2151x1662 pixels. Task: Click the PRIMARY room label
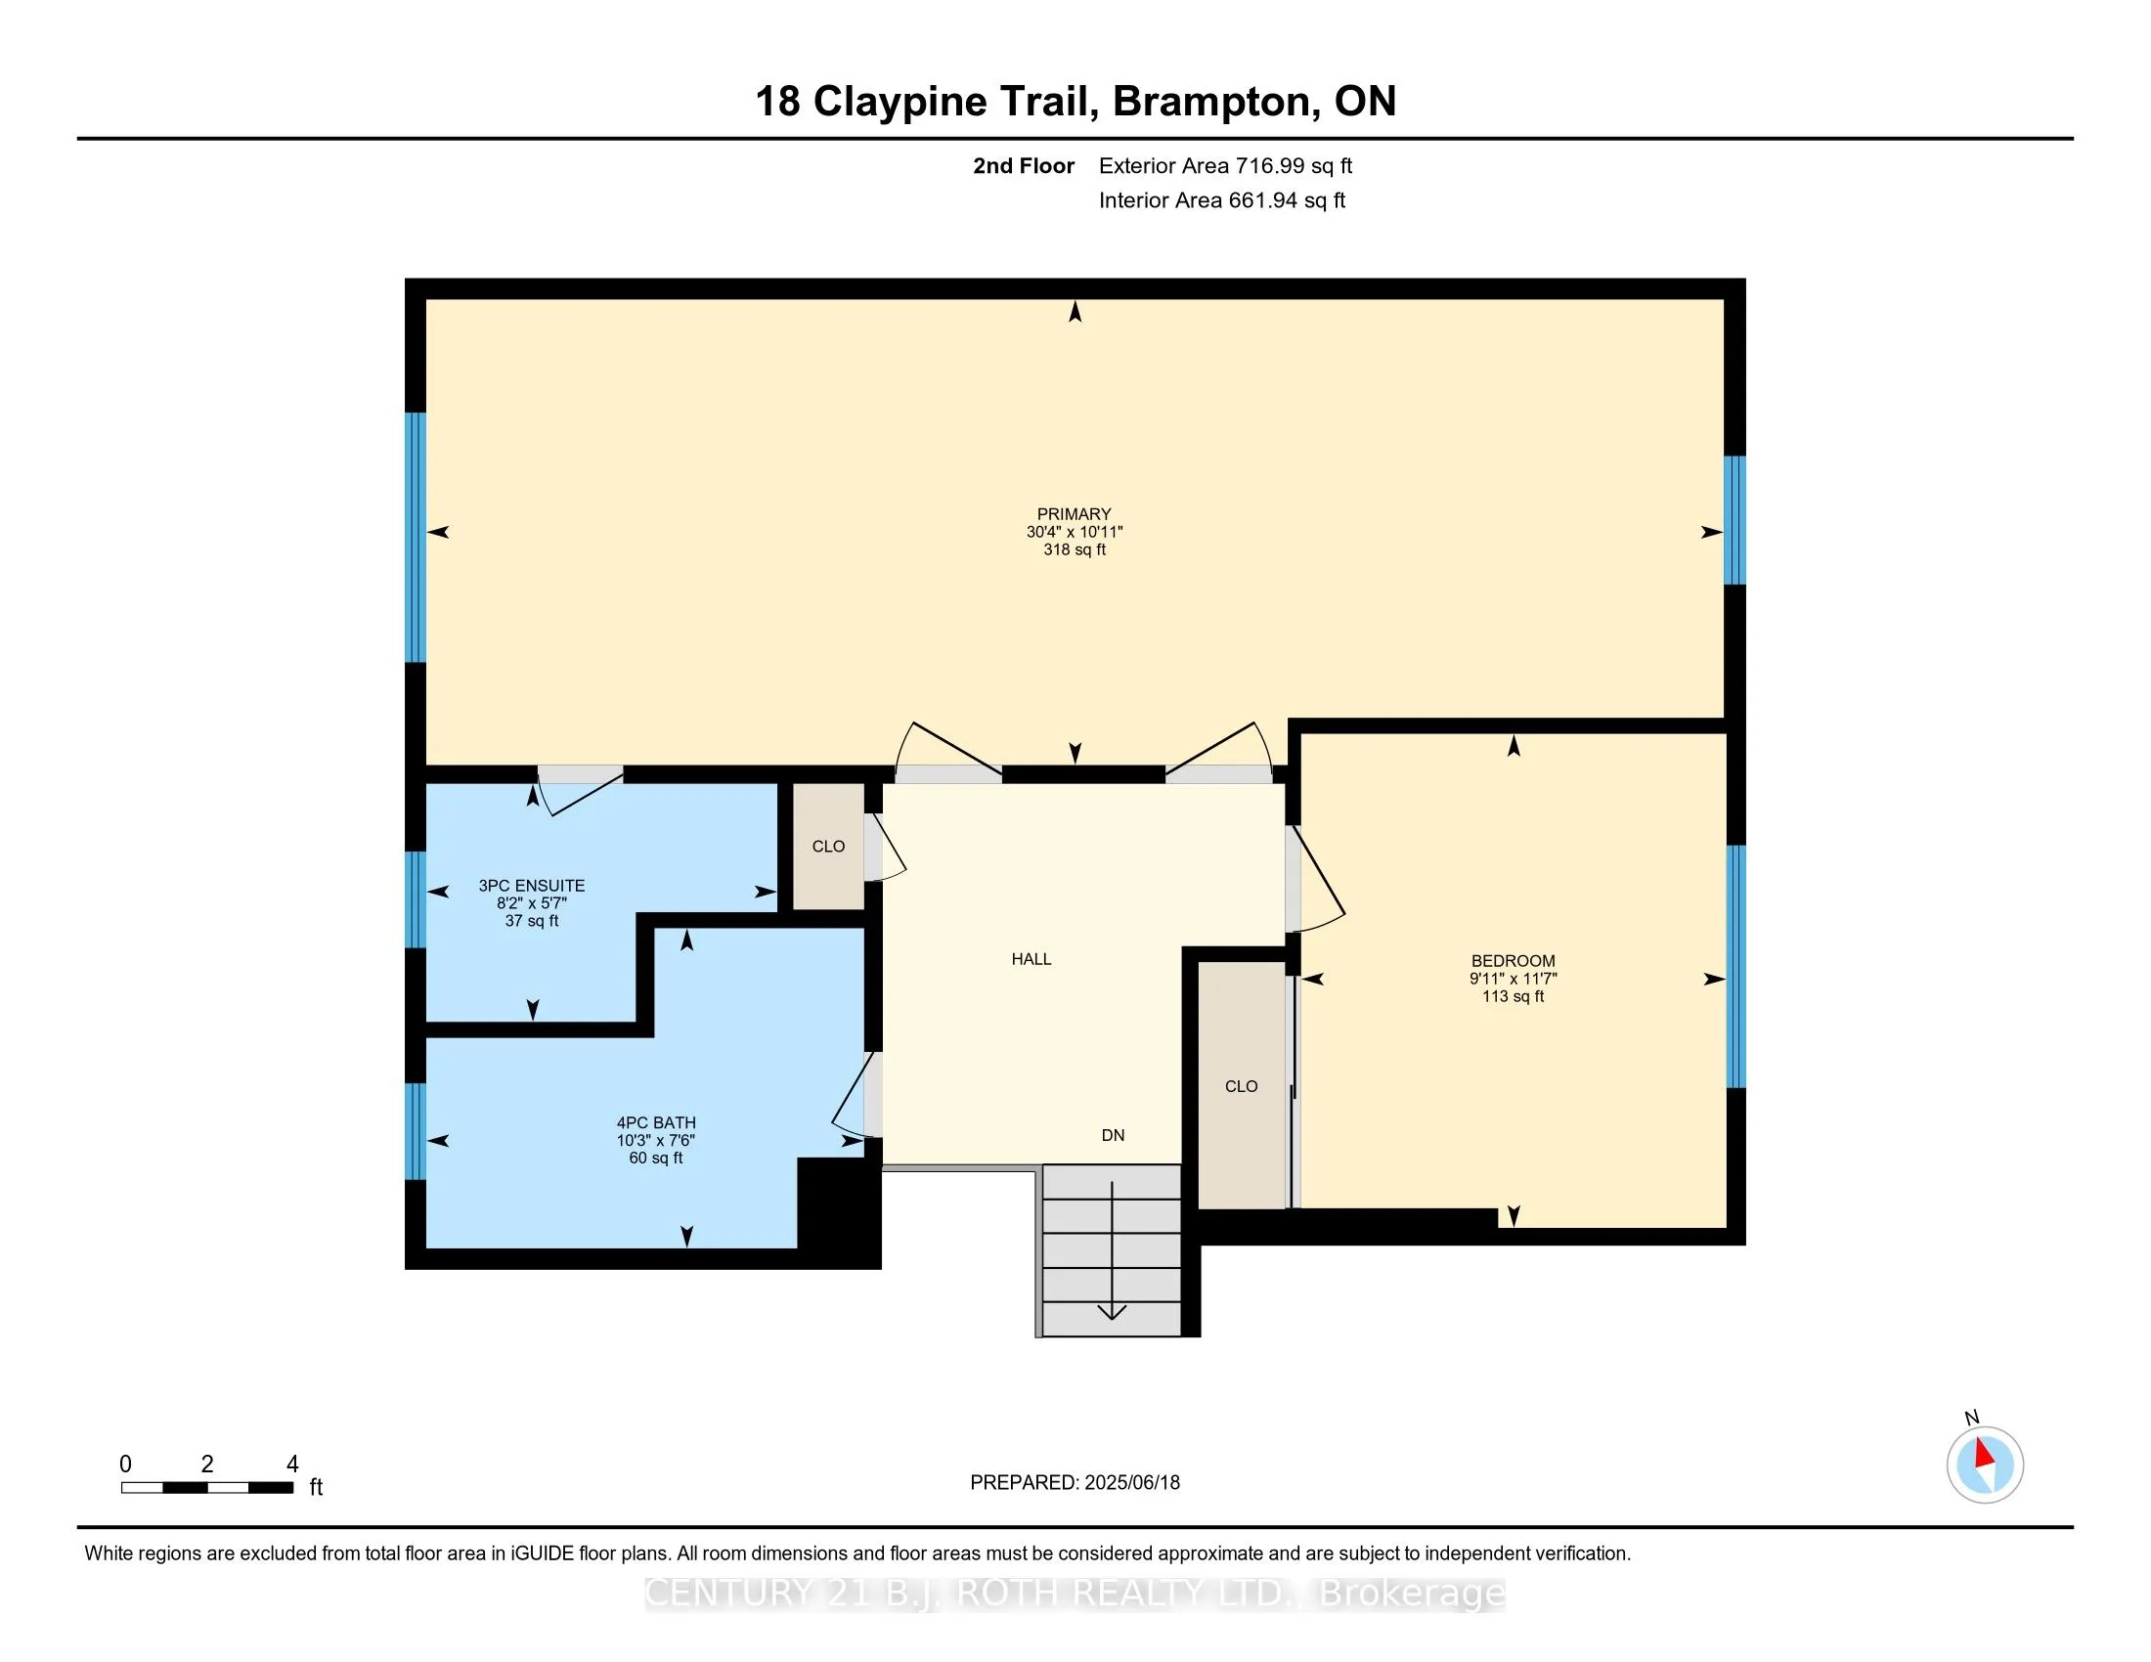(x=1074, y=514)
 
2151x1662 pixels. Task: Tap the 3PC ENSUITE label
(x=532, y=886)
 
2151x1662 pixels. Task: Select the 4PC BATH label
(x=656, y=1122)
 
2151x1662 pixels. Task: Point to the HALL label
(x=1032, y=959)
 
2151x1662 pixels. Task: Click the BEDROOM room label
(x=1513, y=961)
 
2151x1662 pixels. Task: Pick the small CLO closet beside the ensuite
(x=828, y=847)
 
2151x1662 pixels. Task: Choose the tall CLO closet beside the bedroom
(x=1241, y=1086)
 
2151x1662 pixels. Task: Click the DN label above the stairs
(x=1113, y=1135)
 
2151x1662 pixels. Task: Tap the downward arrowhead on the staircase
(x=1112, y=1311)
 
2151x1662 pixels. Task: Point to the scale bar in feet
(x=207, y=1488)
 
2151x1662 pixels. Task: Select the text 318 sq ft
(x=1075, y=549)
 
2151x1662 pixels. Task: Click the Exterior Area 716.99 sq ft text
(x=1225, y=165)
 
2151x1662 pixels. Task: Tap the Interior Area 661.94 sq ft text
(x=1221, y=199)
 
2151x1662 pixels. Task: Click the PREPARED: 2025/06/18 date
(x=1075, y=1483)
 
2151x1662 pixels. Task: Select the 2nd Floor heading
(x=1024, y=165)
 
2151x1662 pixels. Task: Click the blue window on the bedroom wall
(x=1736, y=966)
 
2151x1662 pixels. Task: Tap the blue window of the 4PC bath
(x=416, y=1131)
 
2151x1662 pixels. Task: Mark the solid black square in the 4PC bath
(x=838, y=1211)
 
